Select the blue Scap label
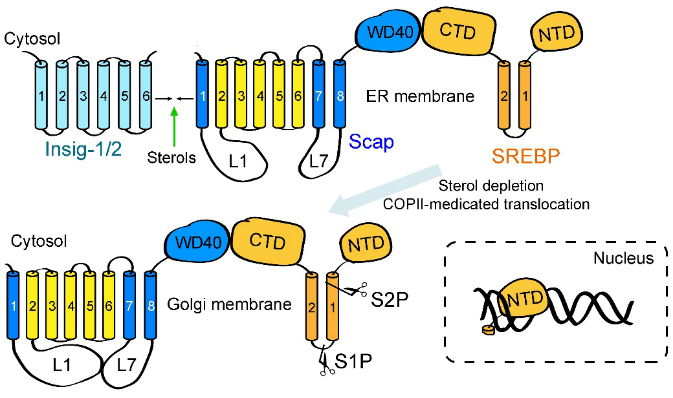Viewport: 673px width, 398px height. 371,142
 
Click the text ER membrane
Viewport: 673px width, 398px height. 419,97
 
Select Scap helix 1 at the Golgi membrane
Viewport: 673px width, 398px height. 13,304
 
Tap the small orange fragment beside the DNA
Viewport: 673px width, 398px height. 487,331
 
